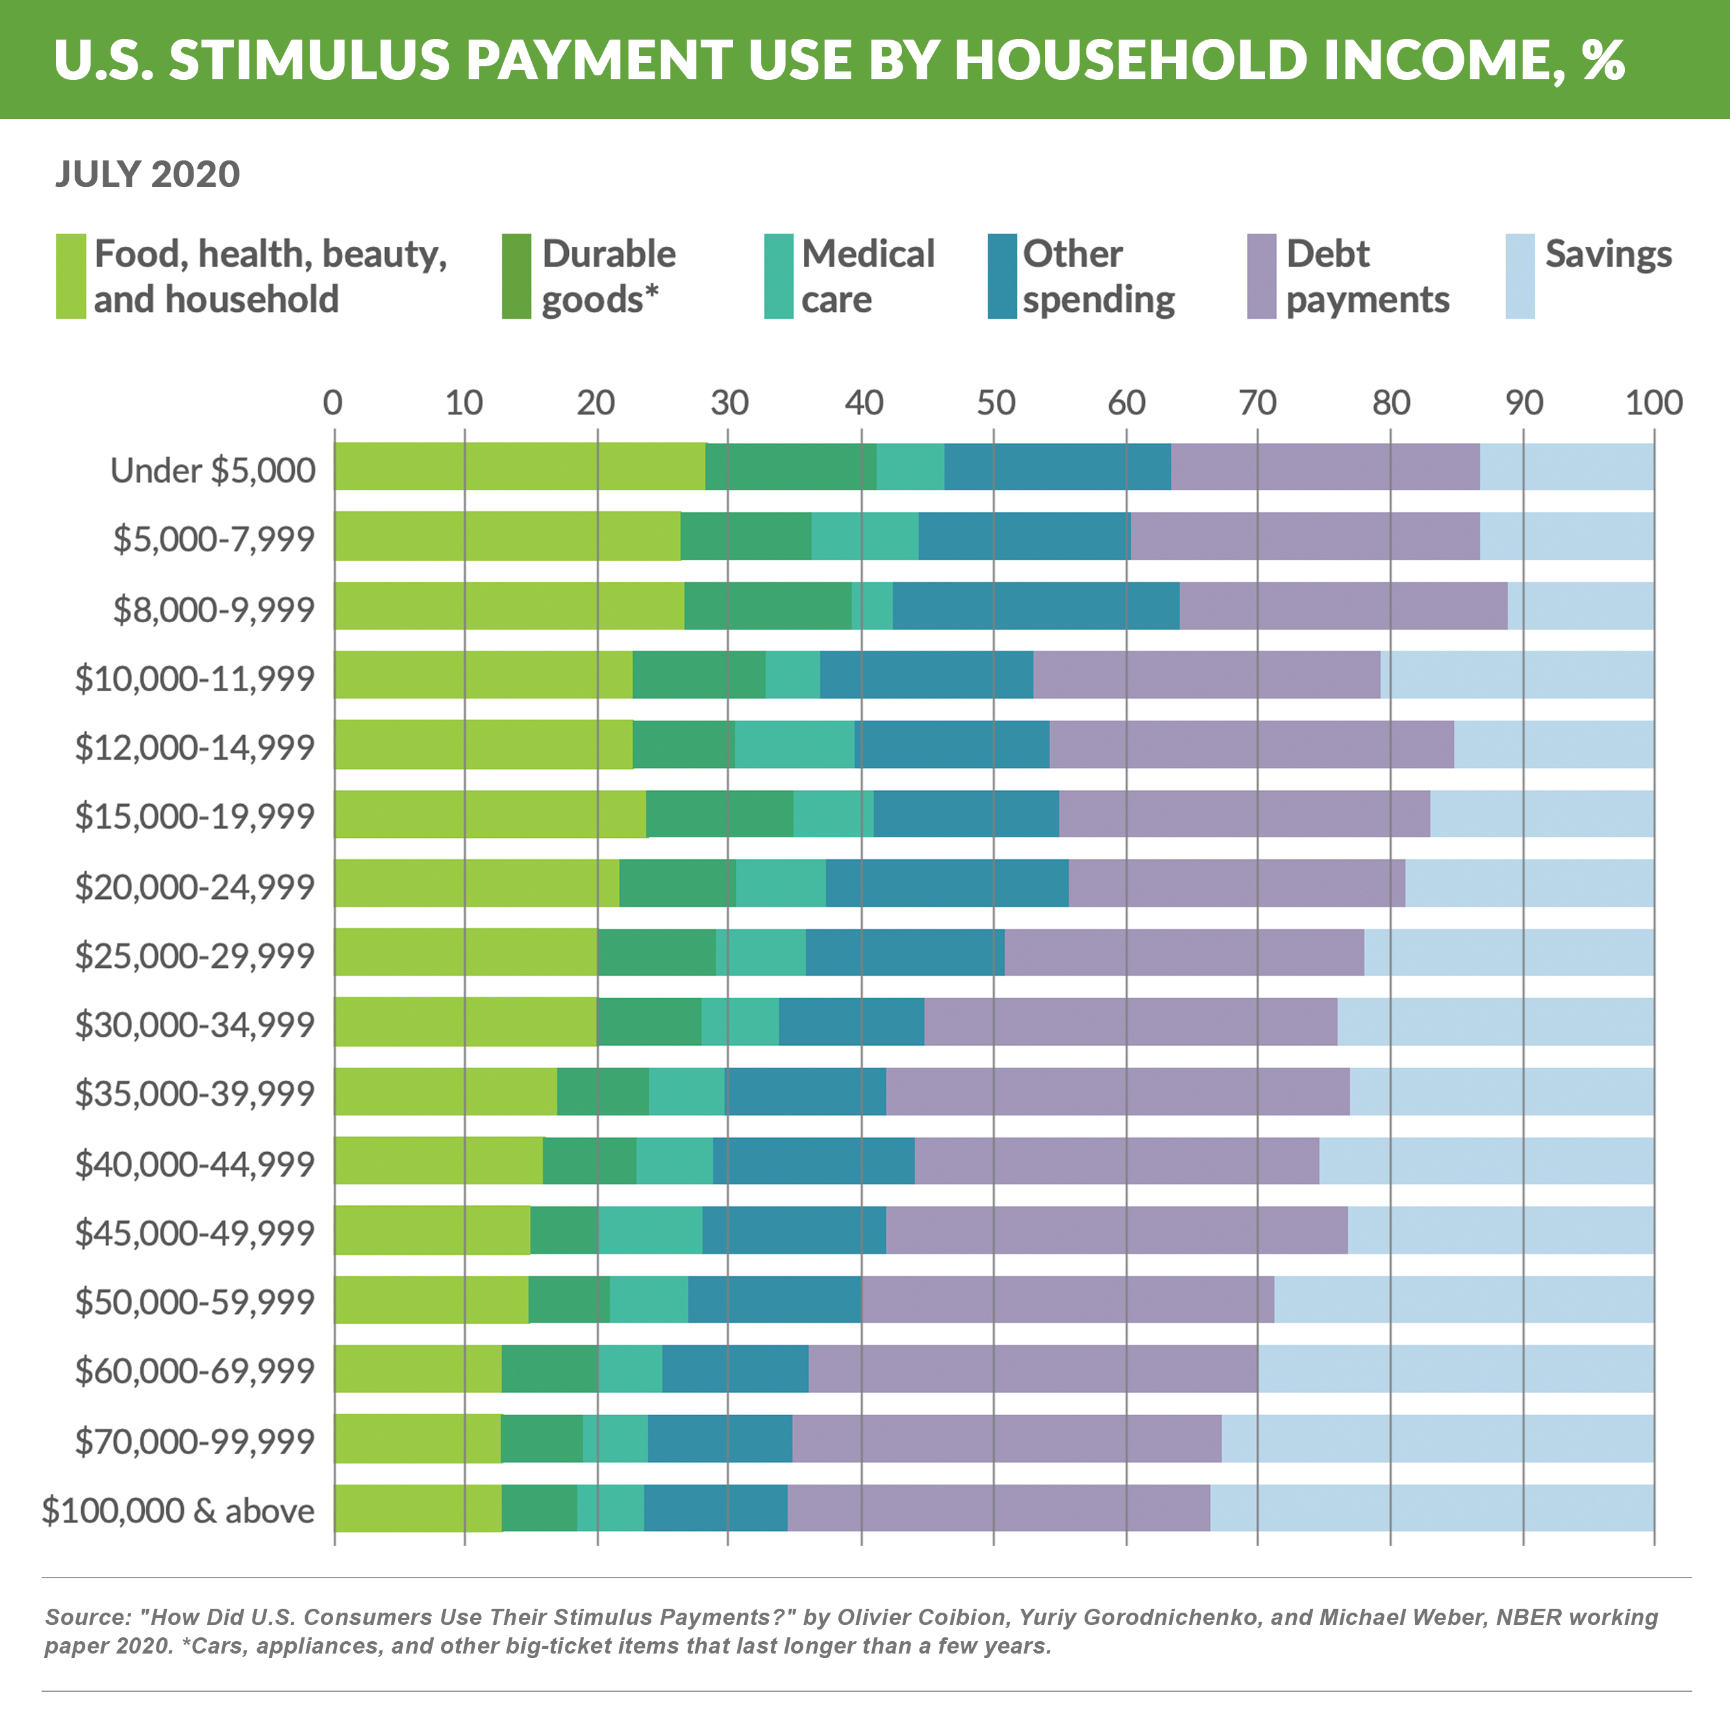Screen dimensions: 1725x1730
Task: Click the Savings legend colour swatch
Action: (x=1520, y=276)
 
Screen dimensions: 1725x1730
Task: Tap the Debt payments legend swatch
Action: (x=1260, y=276)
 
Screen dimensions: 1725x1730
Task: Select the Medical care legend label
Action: (x=867, y=276)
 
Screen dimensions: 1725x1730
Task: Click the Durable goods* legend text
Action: (x=608, y=276)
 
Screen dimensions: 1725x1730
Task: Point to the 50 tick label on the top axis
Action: (x=995, y=403)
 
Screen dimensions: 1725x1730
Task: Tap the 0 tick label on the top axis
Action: (x=332, y=403)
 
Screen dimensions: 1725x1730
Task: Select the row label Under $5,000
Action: (x=212, y=470)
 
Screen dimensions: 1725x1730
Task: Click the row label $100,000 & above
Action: (x=178, y=1510)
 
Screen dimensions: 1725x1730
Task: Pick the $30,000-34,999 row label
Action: (x=194, y=1024)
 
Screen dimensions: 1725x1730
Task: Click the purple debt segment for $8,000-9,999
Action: (x=1343, y=605)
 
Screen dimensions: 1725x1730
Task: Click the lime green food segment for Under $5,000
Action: (x=520, y=466)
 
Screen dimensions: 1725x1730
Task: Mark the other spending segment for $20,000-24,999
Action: (x=946, y=883)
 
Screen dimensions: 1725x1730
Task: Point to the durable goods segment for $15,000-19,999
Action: (x=719, y=813)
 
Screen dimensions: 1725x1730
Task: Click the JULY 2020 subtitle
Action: (x=148, y=174)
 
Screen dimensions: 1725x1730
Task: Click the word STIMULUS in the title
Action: (x=309, y=60)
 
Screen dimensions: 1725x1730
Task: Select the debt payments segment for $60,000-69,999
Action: (x=1033, y=1368)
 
